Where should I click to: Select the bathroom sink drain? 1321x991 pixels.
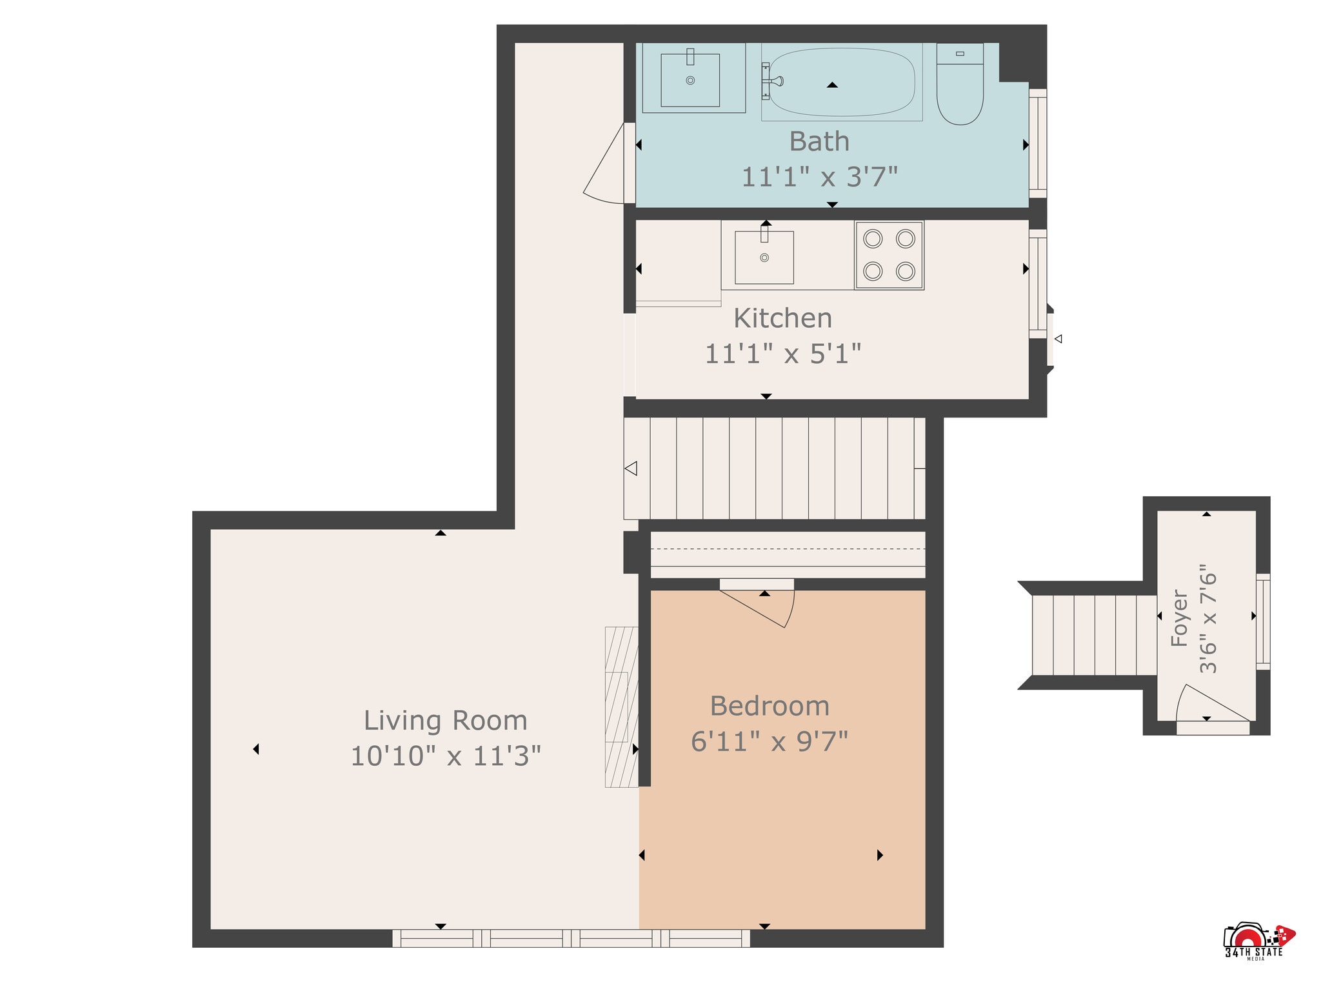tap(690, 81)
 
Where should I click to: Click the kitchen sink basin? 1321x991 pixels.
tap(764, 257)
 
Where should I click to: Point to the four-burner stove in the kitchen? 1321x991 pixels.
tap(889, 255)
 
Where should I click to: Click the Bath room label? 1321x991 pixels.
tap(819, 141)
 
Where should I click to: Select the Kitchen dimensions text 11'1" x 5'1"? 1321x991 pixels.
tap(783, 354)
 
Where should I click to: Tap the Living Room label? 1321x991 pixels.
tap(445, 721)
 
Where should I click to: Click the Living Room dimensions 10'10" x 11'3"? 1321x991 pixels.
tap(445, 756)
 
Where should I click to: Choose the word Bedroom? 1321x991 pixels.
tap(770, 706)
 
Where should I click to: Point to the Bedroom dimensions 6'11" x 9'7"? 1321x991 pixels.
tap(770, 741)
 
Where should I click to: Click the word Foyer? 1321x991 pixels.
tap(1180, 618)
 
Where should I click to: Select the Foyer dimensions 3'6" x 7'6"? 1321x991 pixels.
tap(1208, 618)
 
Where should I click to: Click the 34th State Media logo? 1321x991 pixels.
tap(1258, 941)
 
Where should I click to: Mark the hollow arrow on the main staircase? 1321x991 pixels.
tap(631, 468)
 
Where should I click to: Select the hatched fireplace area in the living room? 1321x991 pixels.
tap(621, 707)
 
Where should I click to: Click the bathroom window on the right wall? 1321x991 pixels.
tap(1038, 143)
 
